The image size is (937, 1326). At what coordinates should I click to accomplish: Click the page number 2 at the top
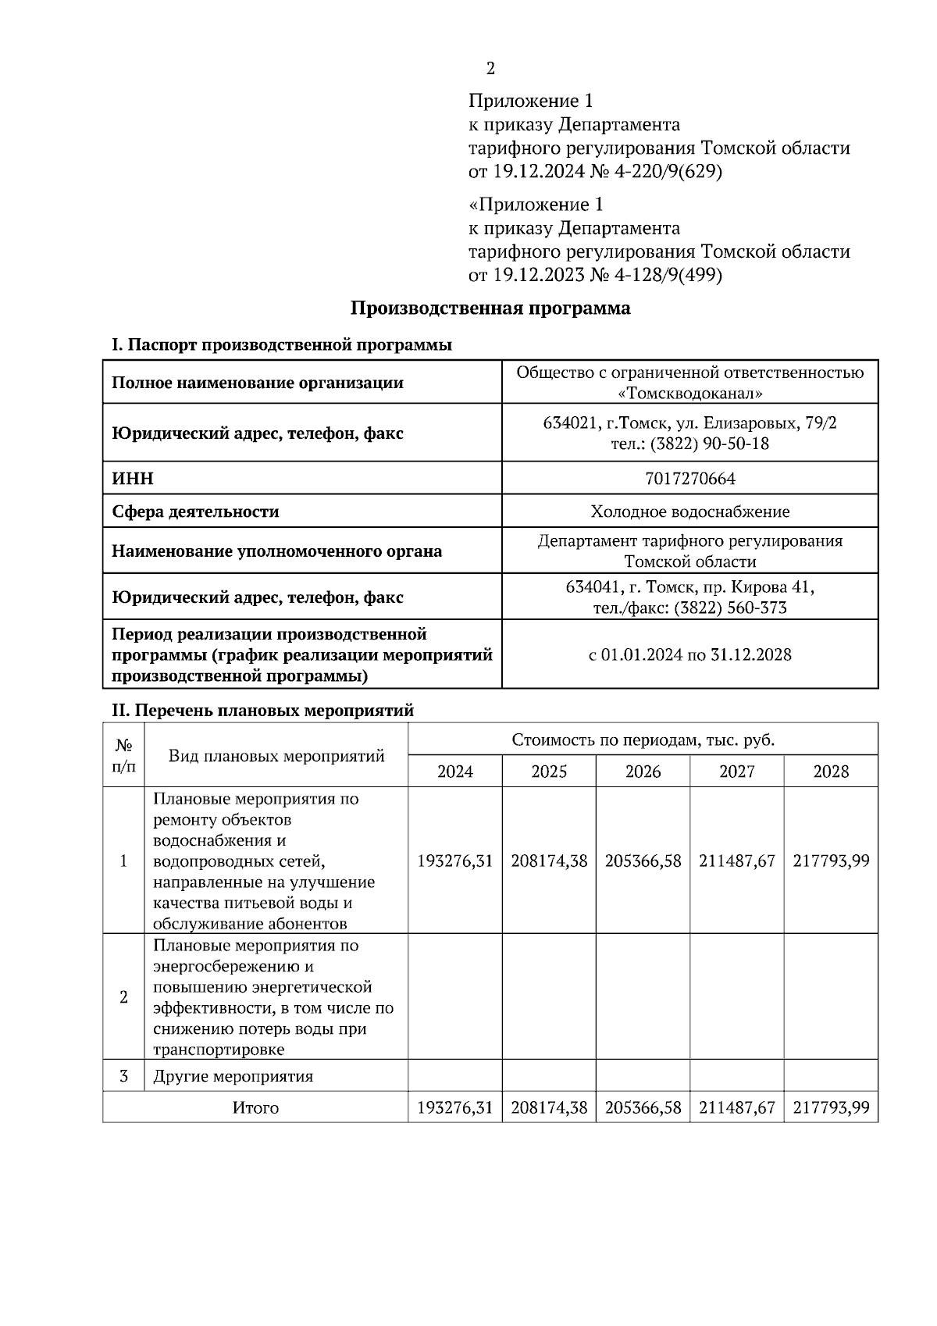490,69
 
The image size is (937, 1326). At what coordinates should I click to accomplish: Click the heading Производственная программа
490,308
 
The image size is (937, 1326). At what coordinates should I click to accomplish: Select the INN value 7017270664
690,478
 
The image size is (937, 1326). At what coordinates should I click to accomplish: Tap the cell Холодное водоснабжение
690,512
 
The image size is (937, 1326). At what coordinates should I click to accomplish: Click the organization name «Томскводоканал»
690,394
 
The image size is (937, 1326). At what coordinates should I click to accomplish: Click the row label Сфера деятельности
195,512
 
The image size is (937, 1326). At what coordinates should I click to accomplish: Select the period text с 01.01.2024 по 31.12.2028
690,654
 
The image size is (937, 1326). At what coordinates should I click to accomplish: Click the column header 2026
643,772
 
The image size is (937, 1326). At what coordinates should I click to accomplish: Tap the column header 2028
831,772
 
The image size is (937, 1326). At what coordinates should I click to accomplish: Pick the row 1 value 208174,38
549,861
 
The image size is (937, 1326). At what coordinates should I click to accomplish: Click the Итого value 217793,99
831,1107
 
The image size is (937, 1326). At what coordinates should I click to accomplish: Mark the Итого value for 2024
455,1107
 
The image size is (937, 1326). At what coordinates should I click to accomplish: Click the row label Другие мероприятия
233,1076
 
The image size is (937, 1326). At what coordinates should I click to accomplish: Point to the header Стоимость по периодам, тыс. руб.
643,740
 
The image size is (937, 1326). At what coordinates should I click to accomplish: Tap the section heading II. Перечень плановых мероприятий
262,711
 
